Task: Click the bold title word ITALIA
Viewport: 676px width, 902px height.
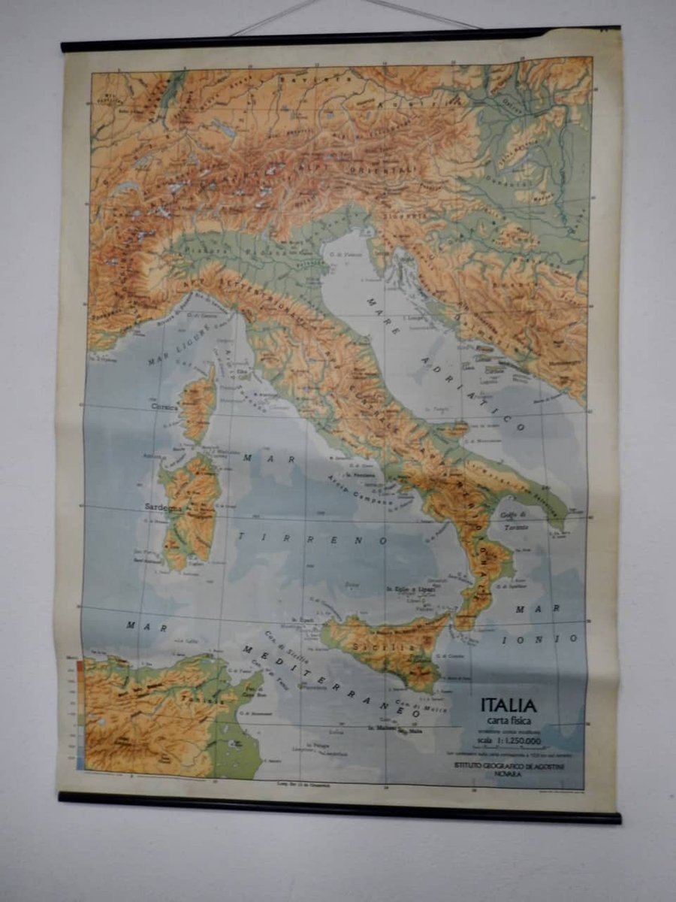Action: [x=509, y=706]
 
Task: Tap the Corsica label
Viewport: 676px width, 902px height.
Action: [x=164, y=407]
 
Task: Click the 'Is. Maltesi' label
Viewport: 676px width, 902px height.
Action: [x=382, y=728]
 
